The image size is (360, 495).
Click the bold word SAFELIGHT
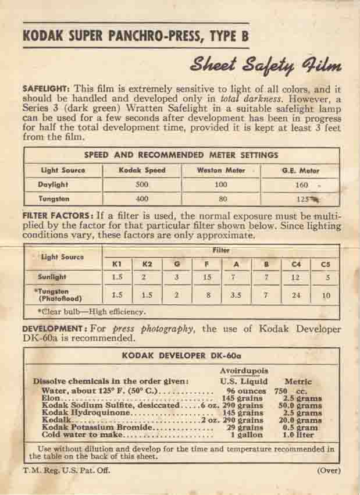pos(45,89)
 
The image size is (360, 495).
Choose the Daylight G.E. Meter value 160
pos(300,185)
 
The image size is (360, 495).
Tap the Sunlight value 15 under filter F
pos(206,278)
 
